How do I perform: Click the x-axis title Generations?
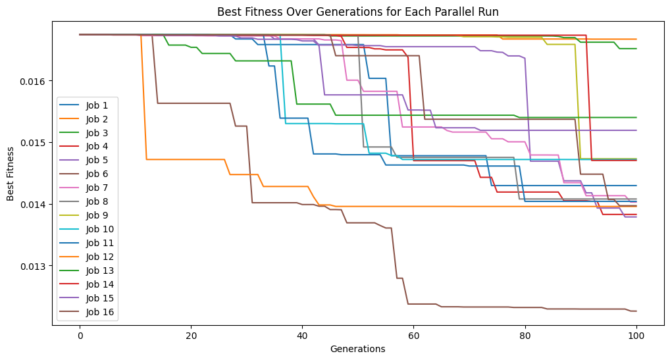357,349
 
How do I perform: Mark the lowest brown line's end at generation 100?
636,311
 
